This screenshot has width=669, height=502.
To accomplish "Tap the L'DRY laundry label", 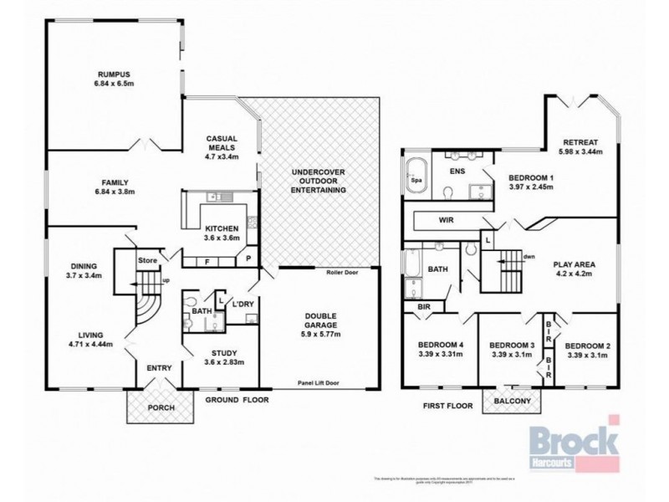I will (243, 302).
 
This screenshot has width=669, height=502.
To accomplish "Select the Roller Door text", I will (340, 272).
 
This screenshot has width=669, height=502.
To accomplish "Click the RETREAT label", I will (580, 142).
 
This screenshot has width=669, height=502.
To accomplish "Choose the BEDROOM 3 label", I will (511, 345).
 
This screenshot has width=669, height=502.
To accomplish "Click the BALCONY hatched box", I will (512, 402).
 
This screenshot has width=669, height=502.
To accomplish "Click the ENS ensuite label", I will (457, 171).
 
